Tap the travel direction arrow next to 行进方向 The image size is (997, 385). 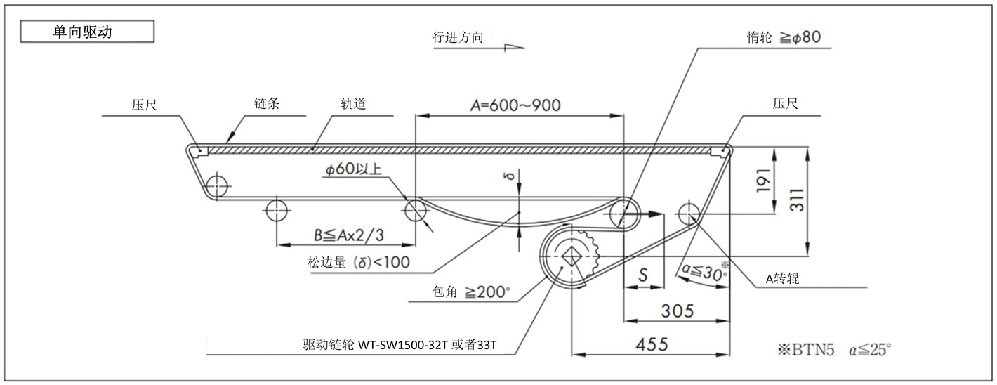tap(513, 46)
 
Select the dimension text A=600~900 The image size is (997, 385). tap(516, 105)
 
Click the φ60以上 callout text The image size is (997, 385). tap(357, 169)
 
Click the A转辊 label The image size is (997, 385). tap(782, 278)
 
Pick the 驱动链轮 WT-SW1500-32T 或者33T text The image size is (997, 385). tap(400, 346)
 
